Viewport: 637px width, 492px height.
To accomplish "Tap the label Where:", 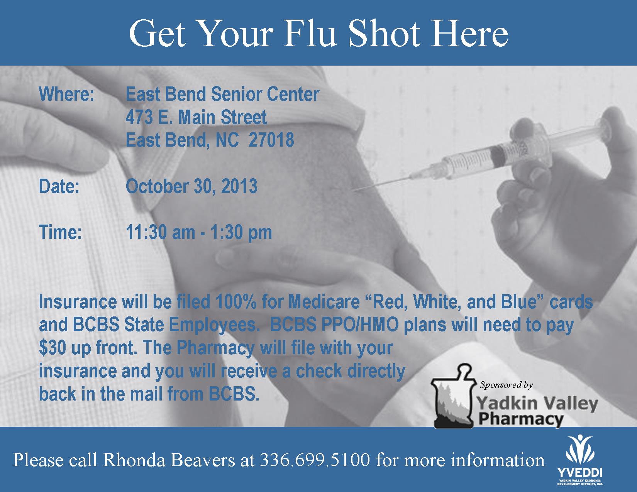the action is [66, 94].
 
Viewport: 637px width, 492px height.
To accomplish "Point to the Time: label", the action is [60, 232].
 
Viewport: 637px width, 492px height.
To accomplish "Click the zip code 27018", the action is [271, 140].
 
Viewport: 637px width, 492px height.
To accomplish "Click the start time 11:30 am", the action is [160, 232].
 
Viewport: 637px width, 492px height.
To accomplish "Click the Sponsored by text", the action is [506, 385].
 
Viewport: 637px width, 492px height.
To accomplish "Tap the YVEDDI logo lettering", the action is [580, 472].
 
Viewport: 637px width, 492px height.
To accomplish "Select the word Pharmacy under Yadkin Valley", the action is [521, 419].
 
